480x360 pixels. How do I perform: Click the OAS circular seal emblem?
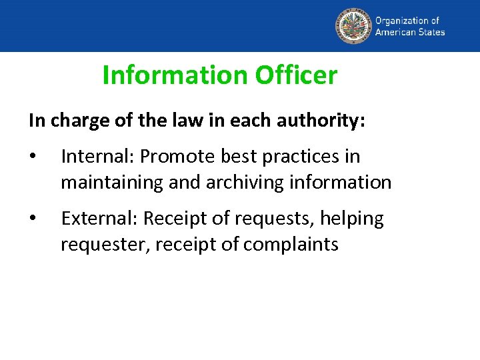pos(353,25)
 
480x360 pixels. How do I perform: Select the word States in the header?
pos(431,31)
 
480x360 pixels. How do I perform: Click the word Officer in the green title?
pos(297,75)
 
